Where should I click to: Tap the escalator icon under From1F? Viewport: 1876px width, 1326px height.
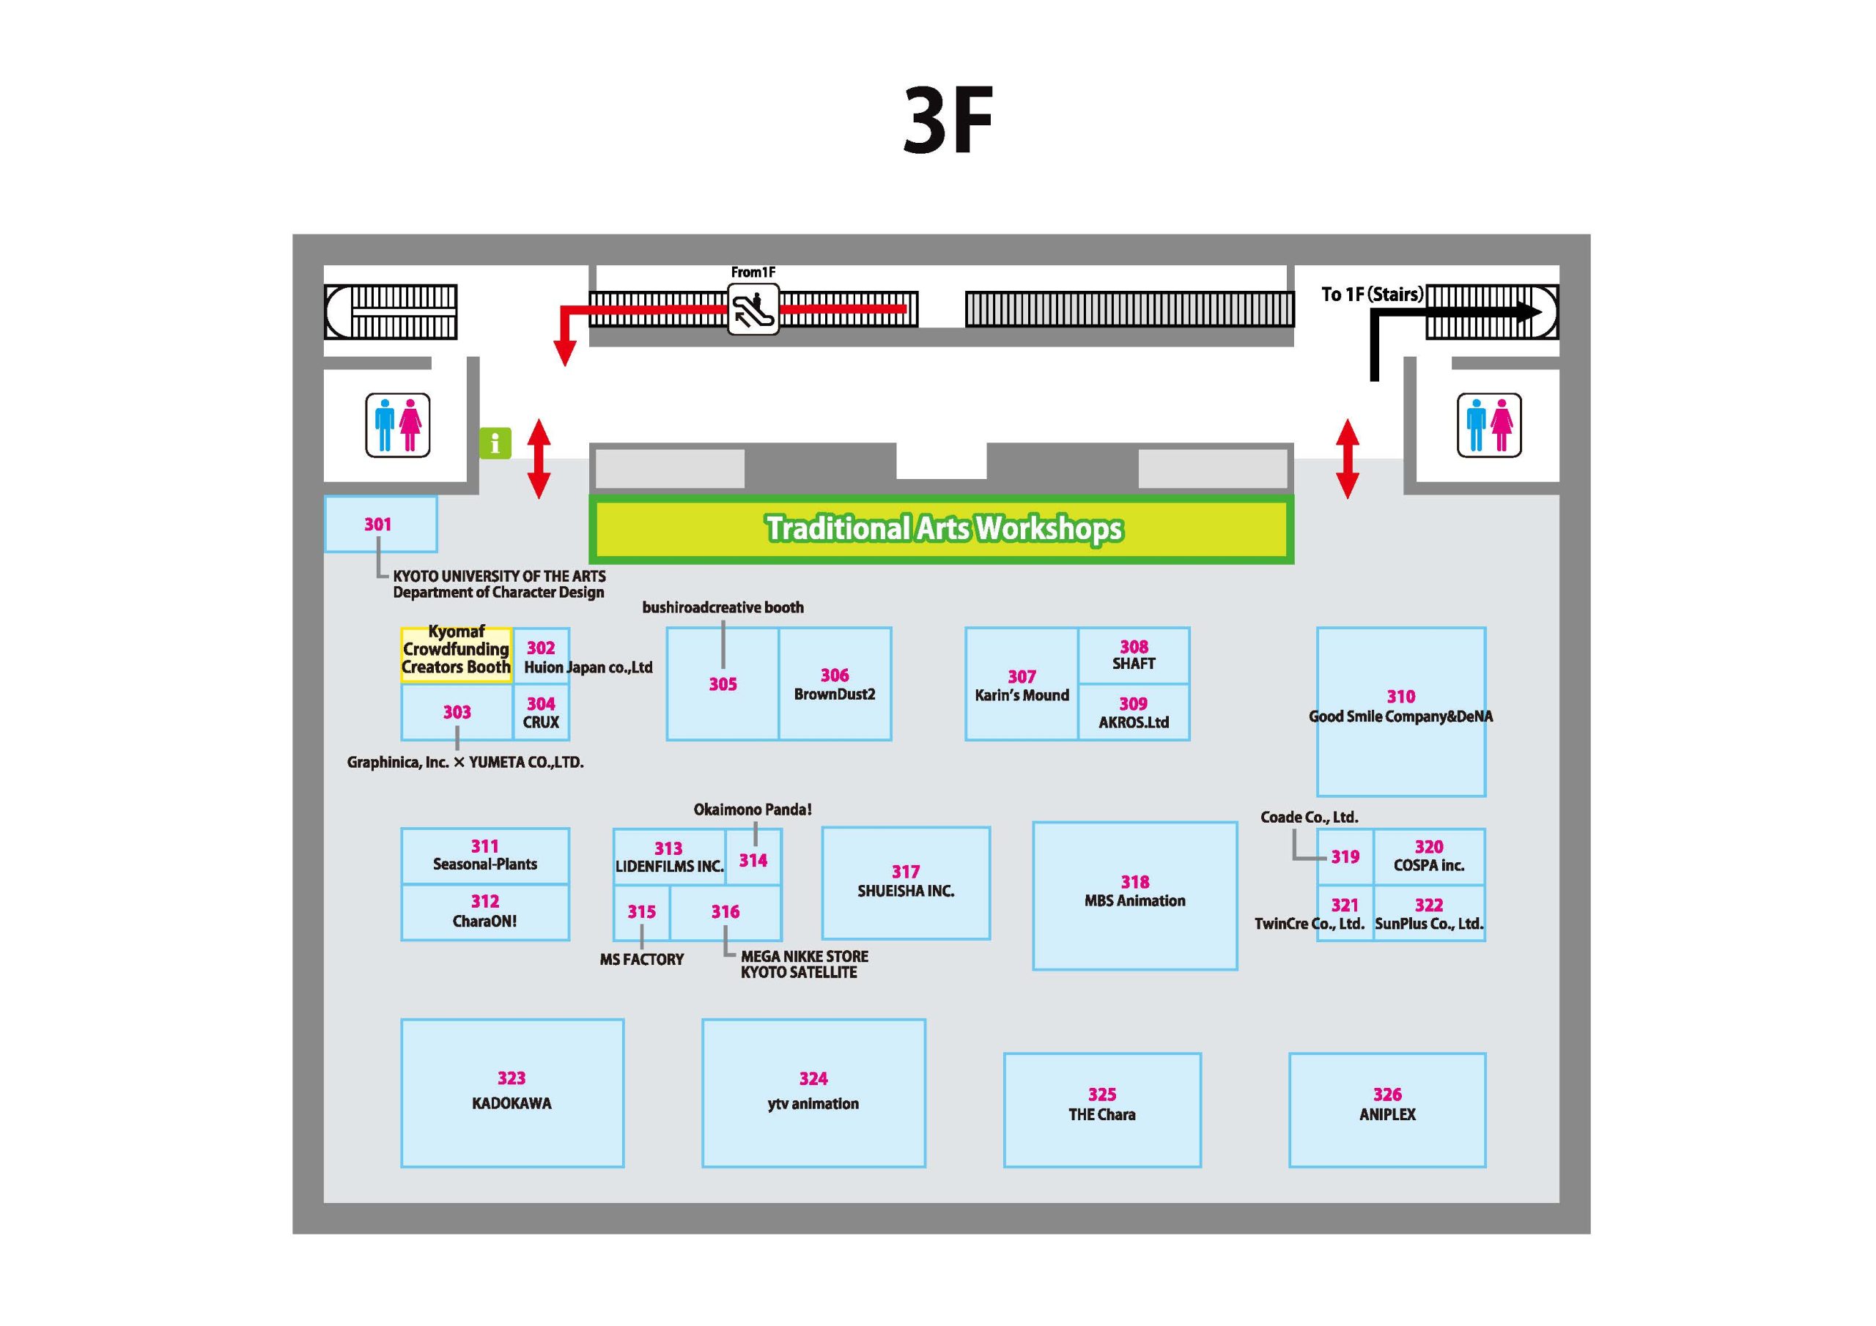tap(753, 309)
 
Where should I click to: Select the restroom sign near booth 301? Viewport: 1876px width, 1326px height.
tap(397, 426)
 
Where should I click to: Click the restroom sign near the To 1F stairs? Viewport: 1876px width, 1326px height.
tap(1488, 425)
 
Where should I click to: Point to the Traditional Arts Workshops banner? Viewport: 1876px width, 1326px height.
tap(941, 529)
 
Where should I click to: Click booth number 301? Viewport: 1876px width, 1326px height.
tap(377, 525)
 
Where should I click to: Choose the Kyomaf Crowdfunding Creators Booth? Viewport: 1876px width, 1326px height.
tap(456, 655)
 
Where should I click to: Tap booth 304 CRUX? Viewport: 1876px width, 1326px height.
tap(541, 711)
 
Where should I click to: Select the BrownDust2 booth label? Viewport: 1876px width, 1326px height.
tap(834, 695)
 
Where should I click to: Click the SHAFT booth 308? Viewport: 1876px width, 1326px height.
tap(1133, 655)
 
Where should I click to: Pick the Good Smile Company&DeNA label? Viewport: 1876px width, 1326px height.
tap(1400, 716)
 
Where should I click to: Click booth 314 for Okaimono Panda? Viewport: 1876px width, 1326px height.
tap(753, 857)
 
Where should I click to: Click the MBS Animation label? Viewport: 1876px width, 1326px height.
tap(1135, 901)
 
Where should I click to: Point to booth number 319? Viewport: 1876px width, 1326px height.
tap(1345, 857)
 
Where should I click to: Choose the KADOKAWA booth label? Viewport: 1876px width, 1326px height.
tap(512, 1104)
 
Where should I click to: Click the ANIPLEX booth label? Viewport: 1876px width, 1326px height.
tap(1387, 1114)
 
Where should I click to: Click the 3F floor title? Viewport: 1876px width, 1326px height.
tap(948, 121)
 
